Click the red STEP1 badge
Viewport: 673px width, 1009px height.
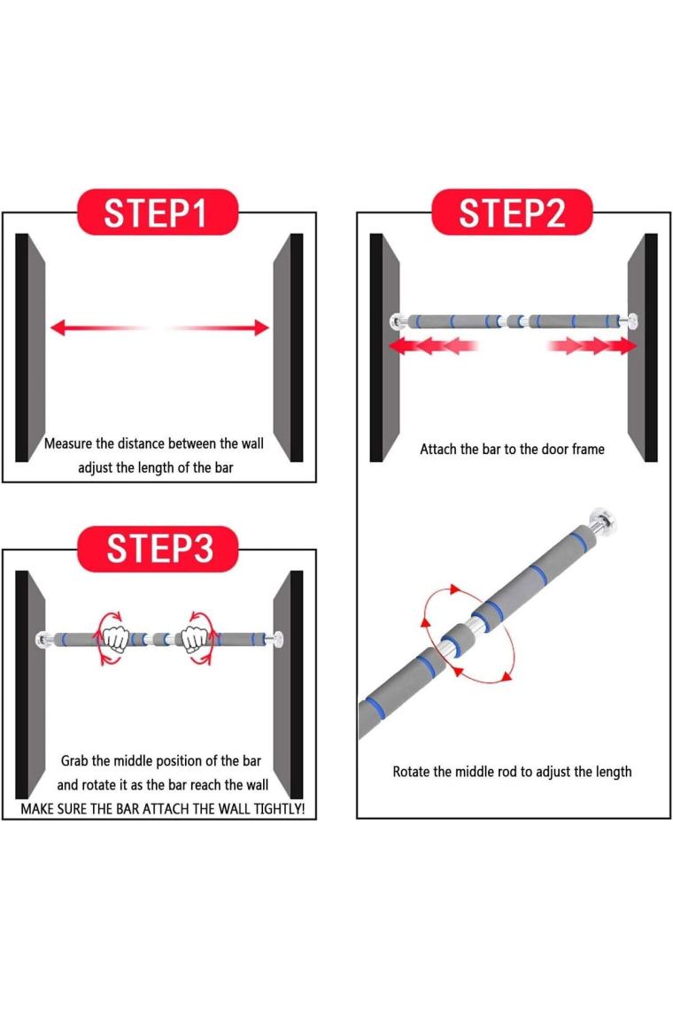[x=158, y=212]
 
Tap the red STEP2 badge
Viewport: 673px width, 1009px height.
[x=512, y=212]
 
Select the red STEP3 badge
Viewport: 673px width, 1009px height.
[x=158, y=549]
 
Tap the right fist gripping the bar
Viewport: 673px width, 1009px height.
[x=194, y=639]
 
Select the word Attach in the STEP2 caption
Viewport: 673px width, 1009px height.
[x=438, y=449]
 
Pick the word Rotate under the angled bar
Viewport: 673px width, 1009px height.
[x=412, y=772]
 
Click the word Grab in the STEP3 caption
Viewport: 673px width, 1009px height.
[x=74, y=760]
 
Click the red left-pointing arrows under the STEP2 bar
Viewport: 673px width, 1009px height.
[x=432, y=345]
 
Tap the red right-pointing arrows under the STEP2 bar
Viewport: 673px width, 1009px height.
[x=592, y=345]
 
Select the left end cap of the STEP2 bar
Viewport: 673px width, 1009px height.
[x=396, y=321]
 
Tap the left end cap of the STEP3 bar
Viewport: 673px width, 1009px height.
[x=43, y=640]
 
